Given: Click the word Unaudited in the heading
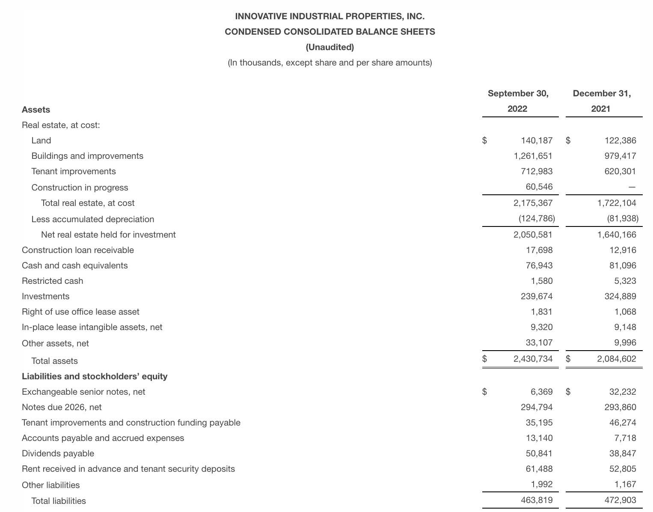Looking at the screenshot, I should (329, 47).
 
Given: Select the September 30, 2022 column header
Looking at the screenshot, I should (518, 101).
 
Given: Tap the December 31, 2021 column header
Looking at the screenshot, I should (601, 101).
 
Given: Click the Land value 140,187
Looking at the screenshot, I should (537, 140).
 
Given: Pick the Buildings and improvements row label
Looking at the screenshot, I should (87, 156).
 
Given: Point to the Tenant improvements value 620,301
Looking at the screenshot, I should (620, 171).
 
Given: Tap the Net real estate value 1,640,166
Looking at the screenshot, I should (617, 235).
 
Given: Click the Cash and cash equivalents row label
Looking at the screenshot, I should (74, 265).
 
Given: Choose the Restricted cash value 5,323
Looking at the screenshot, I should (625, 281).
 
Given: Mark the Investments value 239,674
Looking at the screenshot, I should (537, 296).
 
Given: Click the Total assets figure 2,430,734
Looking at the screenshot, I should (533, 359).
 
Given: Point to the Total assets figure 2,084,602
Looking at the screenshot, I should (617, 359).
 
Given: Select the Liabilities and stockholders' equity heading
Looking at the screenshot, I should (95, 376).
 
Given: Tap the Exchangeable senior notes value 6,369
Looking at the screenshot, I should (541, 392).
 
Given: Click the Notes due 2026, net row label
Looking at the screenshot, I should (62, 407).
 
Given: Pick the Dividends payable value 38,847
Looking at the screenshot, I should (623, 453).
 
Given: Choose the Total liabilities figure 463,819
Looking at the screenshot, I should (537, 500).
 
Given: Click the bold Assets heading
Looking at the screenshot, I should (36, 110).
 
